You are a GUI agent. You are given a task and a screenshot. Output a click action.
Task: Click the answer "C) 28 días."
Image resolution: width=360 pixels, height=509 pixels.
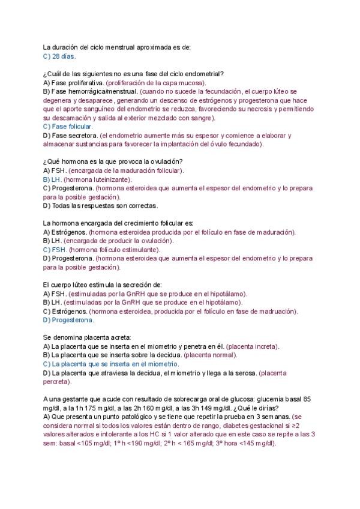tap(59, 56)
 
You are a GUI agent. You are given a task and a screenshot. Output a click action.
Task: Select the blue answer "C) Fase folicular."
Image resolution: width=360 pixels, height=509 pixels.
tap(68, 127)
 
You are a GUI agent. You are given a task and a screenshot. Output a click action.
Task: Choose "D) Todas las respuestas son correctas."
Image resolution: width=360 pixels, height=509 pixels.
tap(101, 206)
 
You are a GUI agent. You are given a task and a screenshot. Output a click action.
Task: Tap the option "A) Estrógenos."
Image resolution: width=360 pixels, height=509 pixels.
tap(65, 232)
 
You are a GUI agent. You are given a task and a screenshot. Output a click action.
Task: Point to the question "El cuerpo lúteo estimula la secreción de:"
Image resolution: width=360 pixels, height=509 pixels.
tap(103, 285)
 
